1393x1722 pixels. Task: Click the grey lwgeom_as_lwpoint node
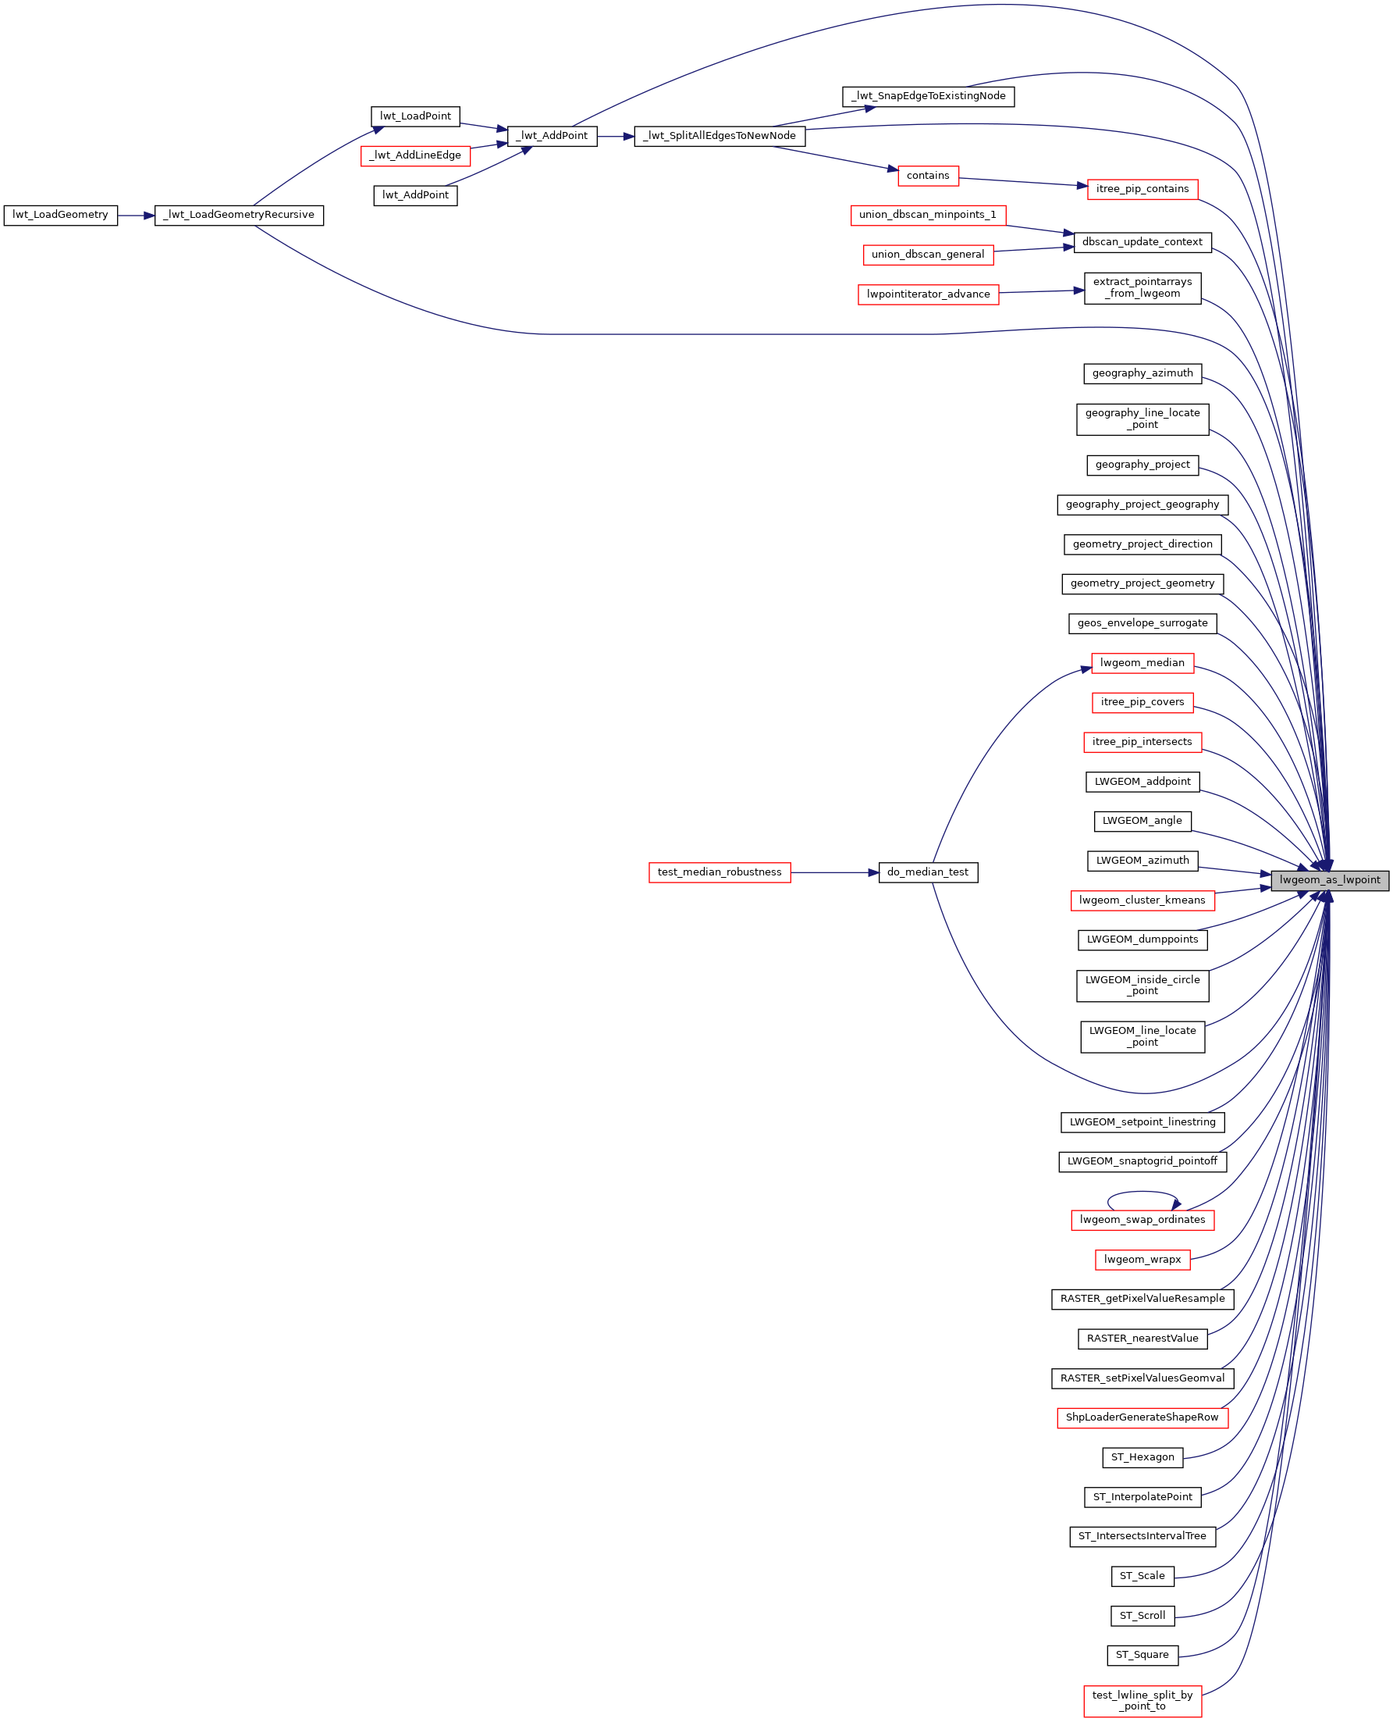pyautogui.click(x=1330, y=880)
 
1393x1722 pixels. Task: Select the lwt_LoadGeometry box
pyautogui.click(x=60, y=215)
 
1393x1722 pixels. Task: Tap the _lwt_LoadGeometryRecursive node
pyautogui.click(x=239, y=215)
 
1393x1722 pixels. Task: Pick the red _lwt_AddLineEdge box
pyautogui.click(x=416, y=155)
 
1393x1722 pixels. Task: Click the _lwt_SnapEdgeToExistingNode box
pyautogui.click(x=929, y=96)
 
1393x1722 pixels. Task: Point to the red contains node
pyautogui.click(x=929, y=176)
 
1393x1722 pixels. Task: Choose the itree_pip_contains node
pyautogui.click(x=1142, y=190)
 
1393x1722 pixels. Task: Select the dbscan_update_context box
pyautogui.click(x=1142, y=242)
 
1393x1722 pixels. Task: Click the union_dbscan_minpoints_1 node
pyautogui.click(x=929, y=215)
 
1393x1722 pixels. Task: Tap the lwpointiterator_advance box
pyautogui.click(x=929, y=294)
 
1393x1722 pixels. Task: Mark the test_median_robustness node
pyautogui.click(x=720, y=872)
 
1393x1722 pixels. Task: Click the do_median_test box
pyautogui.click(x=929, y=872)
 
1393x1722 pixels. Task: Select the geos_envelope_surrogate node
pyautogui.click(x=1142, y=624)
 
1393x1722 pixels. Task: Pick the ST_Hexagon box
pyautogui.click(x=1142, y=1457)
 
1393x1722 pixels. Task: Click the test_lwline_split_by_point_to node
pyautogui.click(x=1142, y=1701)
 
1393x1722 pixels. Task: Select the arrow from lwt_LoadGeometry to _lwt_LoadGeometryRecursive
pyautogui.click(x=136, y=215)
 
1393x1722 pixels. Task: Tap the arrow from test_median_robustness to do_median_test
pyautogui.click(x=834, y=872)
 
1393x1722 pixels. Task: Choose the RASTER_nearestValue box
pyautogui.click(x=1142, y=1339)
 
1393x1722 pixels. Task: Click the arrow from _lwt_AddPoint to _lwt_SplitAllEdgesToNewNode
pyautogui.click(x=616, y=137)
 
